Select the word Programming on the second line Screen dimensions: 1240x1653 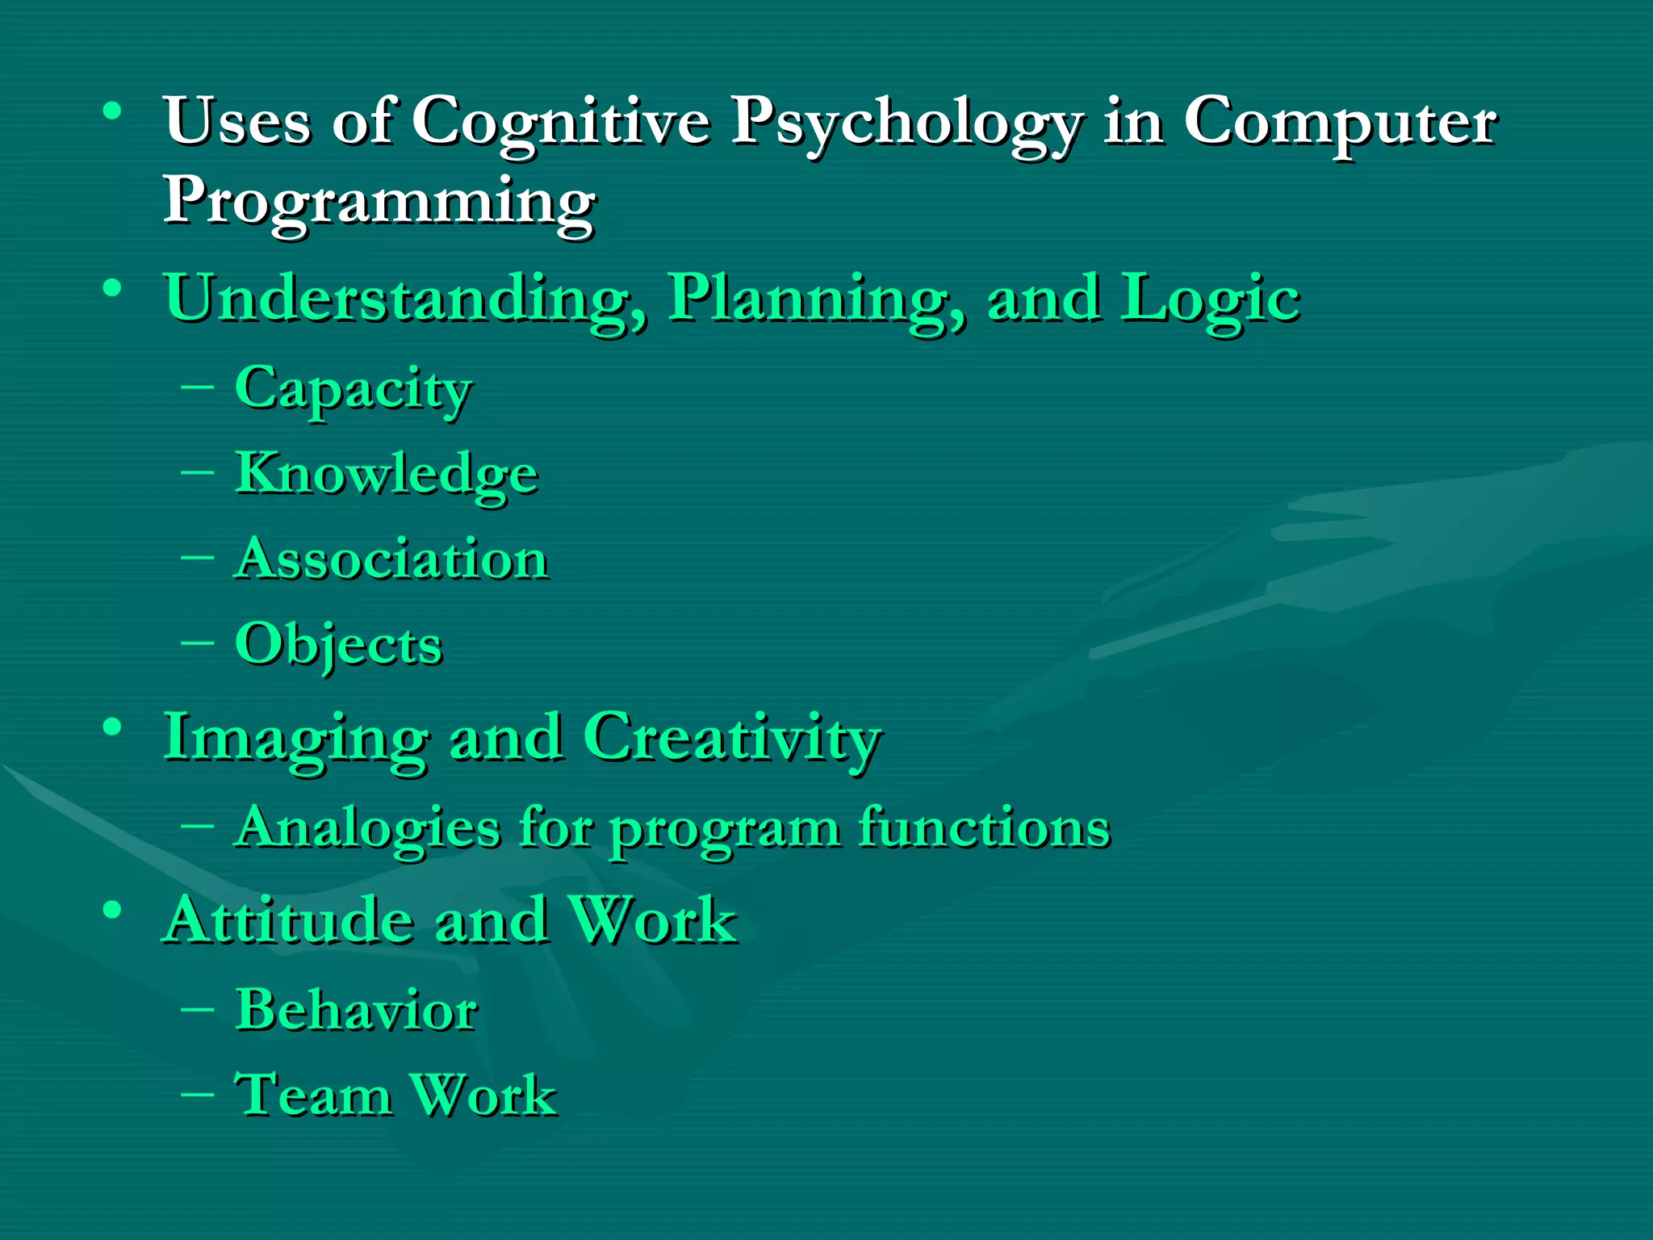(x=379, y=202)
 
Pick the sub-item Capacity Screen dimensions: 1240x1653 (x=353, y=390)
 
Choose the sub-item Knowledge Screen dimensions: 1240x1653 (x=386, y=475)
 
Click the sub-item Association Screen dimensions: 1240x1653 (x=391, y=559)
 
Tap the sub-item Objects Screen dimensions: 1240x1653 (x=338, y=645)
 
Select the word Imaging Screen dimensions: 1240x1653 (x=295, y=739)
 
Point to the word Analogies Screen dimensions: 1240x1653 (x=367, y=828)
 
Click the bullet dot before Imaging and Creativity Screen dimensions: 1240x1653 (x=112, y=727)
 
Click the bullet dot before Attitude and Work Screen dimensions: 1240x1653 (x=112, y=910)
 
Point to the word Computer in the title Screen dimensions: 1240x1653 (x=1340, y=123)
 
